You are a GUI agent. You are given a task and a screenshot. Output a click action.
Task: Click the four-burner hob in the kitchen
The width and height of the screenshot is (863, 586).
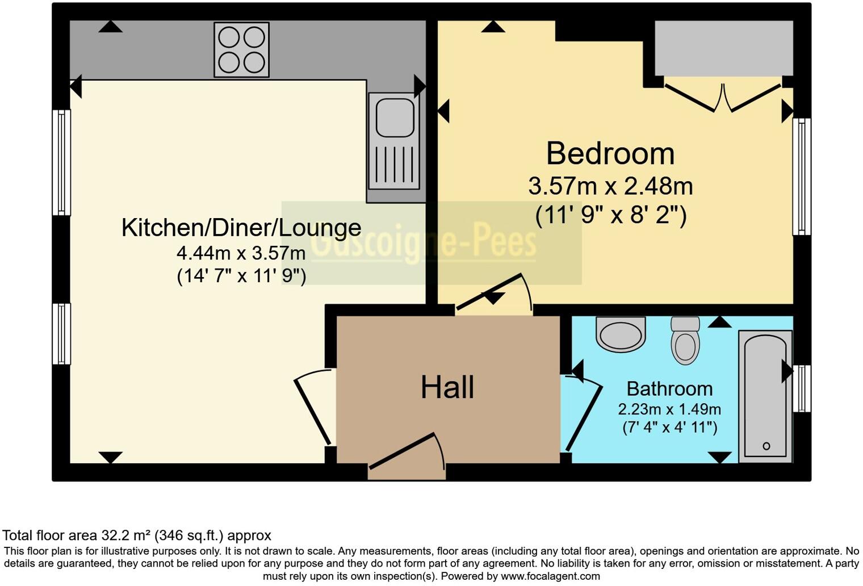coord(241,50)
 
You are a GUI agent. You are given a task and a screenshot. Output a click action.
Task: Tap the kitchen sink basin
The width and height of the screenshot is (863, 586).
coord(395,117)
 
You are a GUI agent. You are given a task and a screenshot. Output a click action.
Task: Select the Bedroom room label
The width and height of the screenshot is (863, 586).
coord(610,153)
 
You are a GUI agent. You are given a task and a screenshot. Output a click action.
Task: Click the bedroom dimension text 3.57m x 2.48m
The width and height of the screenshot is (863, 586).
coord(610,186)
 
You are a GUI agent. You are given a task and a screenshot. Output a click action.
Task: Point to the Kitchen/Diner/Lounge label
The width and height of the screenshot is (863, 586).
coord(241,228)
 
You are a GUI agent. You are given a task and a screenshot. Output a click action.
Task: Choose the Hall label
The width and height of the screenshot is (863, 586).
coord(447,387)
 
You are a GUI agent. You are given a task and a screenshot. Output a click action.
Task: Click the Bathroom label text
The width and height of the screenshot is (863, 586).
coord(669,389)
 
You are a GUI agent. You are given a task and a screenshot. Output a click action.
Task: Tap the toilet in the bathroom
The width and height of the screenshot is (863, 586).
coord(685,341)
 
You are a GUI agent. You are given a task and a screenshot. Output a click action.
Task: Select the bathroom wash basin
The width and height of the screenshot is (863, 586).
coord(621,334)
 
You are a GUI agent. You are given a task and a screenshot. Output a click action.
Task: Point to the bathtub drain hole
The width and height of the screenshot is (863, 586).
coord(766,446)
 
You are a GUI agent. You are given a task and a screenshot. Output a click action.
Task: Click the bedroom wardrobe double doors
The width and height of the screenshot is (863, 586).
coord(723,98)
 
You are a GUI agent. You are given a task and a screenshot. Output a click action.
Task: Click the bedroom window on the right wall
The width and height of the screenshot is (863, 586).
coord(802,176)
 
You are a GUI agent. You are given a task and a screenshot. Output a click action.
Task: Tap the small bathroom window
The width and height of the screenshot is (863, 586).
coord(802,388)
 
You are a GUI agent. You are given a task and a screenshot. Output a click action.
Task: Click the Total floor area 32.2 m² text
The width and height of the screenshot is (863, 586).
coord(137,535)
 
